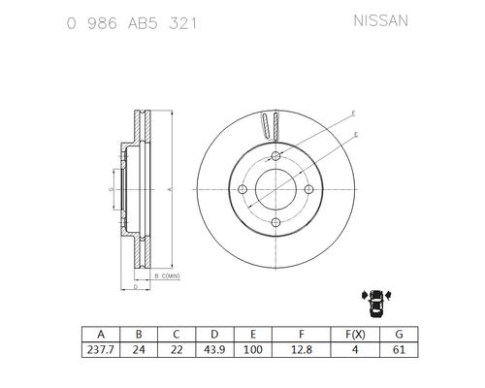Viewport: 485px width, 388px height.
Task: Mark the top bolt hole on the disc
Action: [x=276, y=157]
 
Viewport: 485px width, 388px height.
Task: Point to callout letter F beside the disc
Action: [x=354, y=114]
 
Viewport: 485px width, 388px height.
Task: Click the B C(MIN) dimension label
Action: [x=166, y=277]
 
